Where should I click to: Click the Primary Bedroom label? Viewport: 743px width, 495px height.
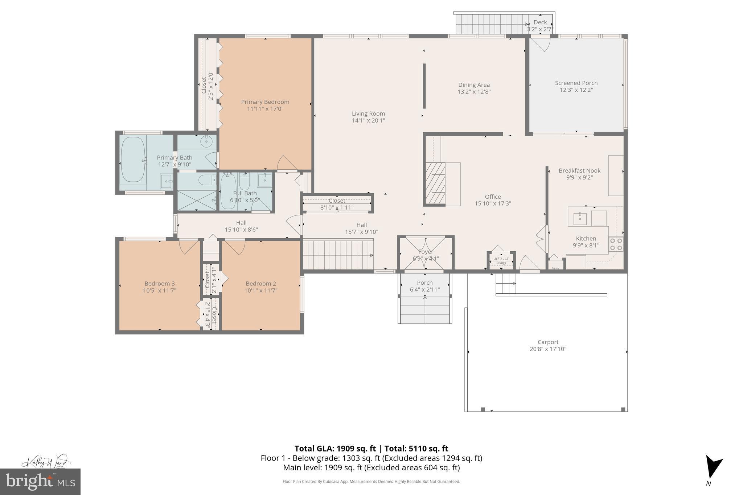coord(265,102)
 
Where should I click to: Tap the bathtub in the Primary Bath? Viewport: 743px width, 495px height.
coord(133,159)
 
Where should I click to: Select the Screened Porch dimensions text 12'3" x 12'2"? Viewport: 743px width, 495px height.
coord(576,90)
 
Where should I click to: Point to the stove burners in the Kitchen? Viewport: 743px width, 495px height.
coord(616,244)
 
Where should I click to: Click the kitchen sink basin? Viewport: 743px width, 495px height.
coord(580,219)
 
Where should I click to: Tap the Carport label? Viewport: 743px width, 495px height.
coord(548,342)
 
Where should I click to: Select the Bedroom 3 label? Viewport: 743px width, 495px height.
coord(160,284)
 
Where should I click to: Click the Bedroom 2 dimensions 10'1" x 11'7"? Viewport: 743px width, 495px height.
coord(261,290)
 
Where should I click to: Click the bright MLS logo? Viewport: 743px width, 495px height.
coord(40,482)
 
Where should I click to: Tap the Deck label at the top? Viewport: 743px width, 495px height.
coord(540,22)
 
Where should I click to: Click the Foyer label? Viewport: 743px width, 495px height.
coord(426,252)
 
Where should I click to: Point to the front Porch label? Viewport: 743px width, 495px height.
coord(425,282)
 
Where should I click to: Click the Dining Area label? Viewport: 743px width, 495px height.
coord(474,85)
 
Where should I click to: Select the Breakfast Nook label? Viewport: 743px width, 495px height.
coord(579,170)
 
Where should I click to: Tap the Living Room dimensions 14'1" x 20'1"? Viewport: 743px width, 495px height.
coord(368,120)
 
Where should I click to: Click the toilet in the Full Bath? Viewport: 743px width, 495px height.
coord(245,179)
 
